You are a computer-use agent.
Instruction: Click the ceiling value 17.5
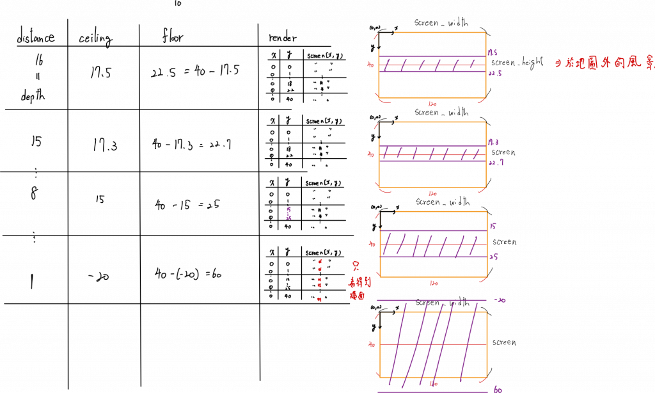(100, 72)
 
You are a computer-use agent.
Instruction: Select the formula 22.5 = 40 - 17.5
(194, 71)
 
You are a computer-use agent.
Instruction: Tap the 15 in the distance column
(36, 141)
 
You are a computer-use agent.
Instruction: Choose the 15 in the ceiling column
(100, 200)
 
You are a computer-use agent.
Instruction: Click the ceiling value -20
(100, 277)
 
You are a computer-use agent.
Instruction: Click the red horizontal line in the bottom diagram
(435, 344)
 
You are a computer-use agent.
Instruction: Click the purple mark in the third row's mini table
(289, 211)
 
